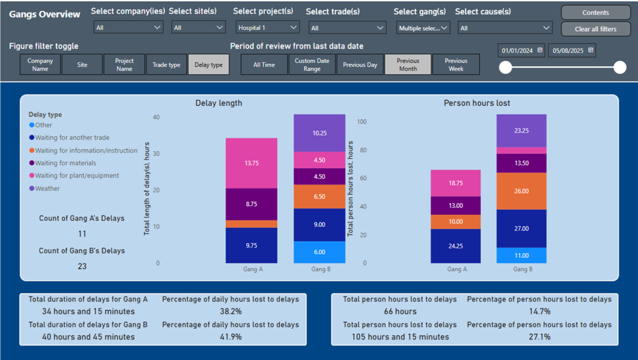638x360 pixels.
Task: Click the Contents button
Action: (x=596, y=12)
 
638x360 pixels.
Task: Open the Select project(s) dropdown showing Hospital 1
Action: (x=267, y=27)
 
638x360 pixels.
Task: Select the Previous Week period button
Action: (x=455, y=65)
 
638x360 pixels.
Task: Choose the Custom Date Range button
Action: (x=312, y=65)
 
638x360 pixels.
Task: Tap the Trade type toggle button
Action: (x=166, y=65)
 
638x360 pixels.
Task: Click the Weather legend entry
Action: (x=47, y=188)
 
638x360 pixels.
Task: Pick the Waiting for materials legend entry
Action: (x=65, y=163)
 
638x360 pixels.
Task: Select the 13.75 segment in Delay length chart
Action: (x=251, y=163)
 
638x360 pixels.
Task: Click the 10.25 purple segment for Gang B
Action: (x=319, y=133)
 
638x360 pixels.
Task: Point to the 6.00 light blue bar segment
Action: (x=319, y=252)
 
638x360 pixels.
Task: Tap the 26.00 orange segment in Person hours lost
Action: (x=521, y=191)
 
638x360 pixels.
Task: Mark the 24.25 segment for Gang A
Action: (x=456, y=246)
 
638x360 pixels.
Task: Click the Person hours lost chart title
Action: (x=477, y=103)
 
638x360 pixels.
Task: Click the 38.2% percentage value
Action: (x=230, y=311)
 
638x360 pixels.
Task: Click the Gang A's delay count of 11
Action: (x=82, y=234)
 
